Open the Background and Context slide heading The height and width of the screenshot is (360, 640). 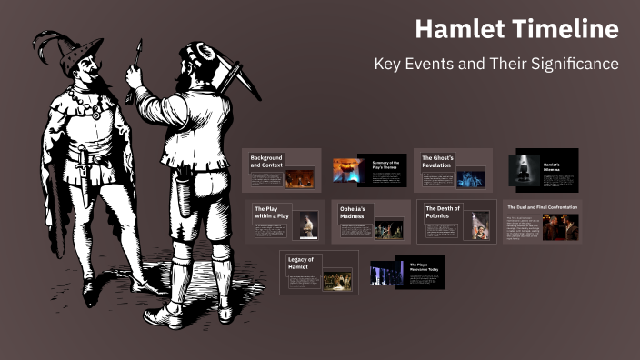[267, 162]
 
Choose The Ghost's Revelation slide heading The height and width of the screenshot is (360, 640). [437, 162]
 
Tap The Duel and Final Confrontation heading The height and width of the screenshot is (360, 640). [542, 206]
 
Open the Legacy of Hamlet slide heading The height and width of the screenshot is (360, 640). [300, 264]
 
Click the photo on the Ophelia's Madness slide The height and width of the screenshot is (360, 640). [388, 228]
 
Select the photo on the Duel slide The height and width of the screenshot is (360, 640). [560, 226]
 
